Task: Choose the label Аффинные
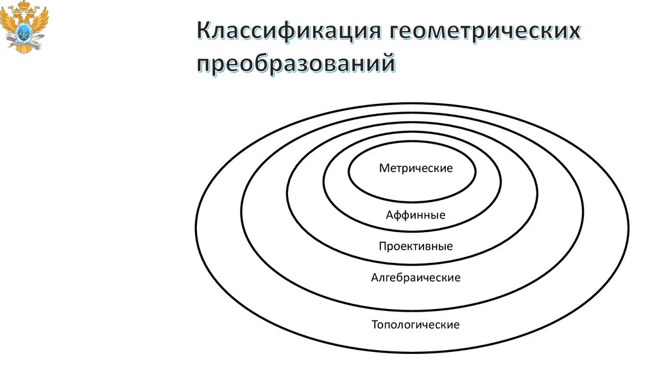[416, 215]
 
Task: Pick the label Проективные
[416, 246]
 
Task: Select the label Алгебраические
[416, 278]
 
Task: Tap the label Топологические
[416, 325]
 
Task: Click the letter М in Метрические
[383, 169]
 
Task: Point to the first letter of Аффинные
[389, 215]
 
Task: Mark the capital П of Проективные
[382, 246]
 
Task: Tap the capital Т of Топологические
[375, 325]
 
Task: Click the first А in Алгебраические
[374, 278]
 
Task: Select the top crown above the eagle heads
[26, 6]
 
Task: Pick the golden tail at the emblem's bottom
[26, 46]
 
